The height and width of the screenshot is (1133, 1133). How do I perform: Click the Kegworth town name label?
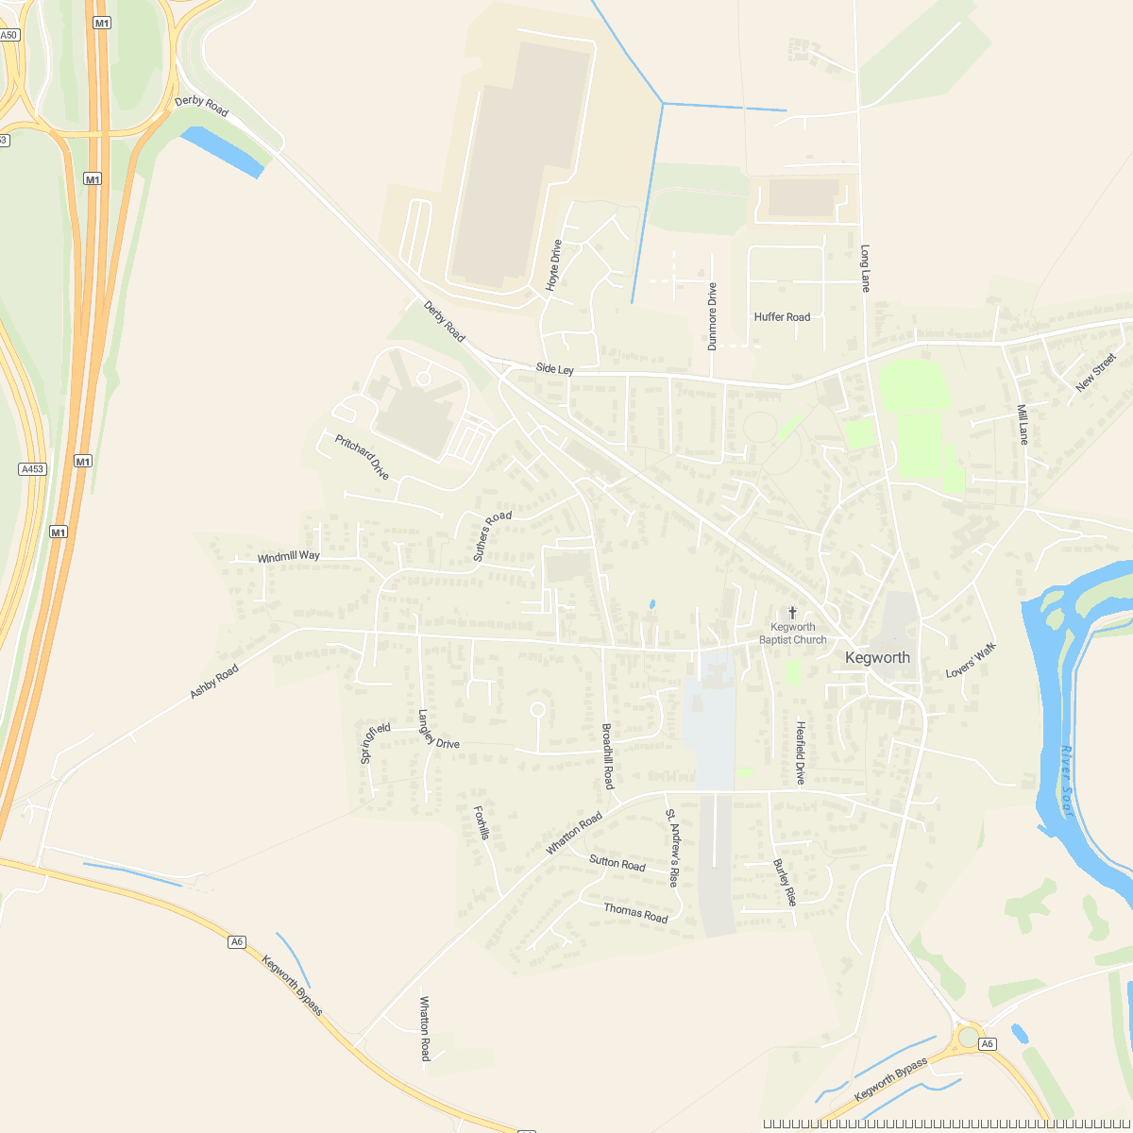(x=877, y=658)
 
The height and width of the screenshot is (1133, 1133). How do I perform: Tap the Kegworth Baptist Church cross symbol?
(x=792, y=613)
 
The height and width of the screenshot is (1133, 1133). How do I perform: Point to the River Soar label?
(x=1068, y=780)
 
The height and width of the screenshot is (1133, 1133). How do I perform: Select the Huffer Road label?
(x=782, y=317)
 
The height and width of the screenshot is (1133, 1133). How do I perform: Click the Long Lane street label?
(x=865, y=268)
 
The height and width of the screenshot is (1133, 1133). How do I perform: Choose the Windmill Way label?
(x=288, y=557)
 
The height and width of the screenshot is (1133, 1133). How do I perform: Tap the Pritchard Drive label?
(x=362, y=457)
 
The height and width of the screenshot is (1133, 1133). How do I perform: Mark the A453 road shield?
(x=32, y=468)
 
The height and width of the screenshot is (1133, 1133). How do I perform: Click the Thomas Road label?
(x=635, y=912)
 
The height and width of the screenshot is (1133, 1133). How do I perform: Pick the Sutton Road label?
(x=617, y=863)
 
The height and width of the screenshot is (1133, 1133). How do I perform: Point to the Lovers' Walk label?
(x=971, y=661)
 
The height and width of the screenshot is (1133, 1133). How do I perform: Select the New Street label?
(x=1095, y=372)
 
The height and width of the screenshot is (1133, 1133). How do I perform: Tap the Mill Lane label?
(x=1023, y=424)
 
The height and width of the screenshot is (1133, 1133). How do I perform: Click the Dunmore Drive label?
(x=713, y=316)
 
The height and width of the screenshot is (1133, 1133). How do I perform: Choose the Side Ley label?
(x=554, y=369)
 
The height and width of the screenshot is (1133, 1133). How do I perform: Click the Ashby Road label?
(x=213, y=681)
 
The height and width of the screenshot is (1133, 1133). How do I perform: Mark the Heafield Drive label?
(x=801, y=753)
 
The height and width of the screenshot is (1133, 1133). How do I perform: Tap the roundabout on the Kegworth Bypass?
(x=969, y=1037)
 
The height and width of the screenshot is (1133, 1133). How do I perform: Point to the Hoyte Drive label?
(x=554, y=264)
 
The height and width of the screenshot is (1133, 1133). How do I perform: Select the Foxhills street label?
(x=482, y=822)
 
